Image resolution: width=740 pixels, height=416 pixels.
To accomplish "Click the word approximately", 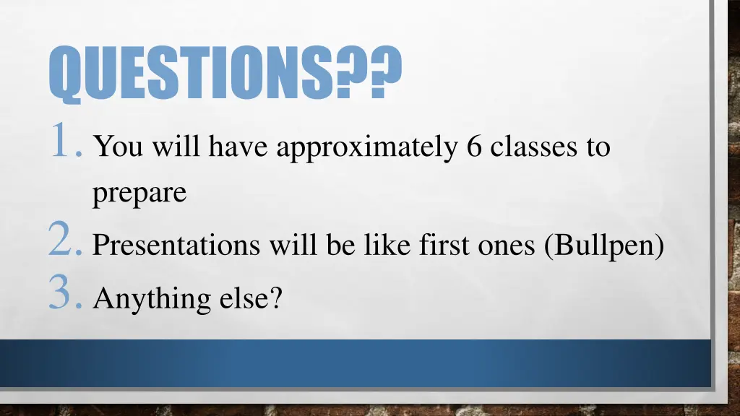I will click(x=367, y=148).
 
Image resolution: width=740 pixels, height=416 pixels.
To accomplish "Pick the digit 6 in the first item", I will click(x=474, y=147).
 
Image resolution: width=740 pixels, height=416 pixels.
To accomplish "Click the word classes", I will click(x=533, y=147).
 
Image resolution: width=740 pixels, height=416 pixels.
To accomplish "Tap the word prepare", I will click(x=139, y=194).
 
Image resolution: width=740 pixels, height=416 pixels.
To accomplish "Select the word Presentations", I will click(x=177, y=246).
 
